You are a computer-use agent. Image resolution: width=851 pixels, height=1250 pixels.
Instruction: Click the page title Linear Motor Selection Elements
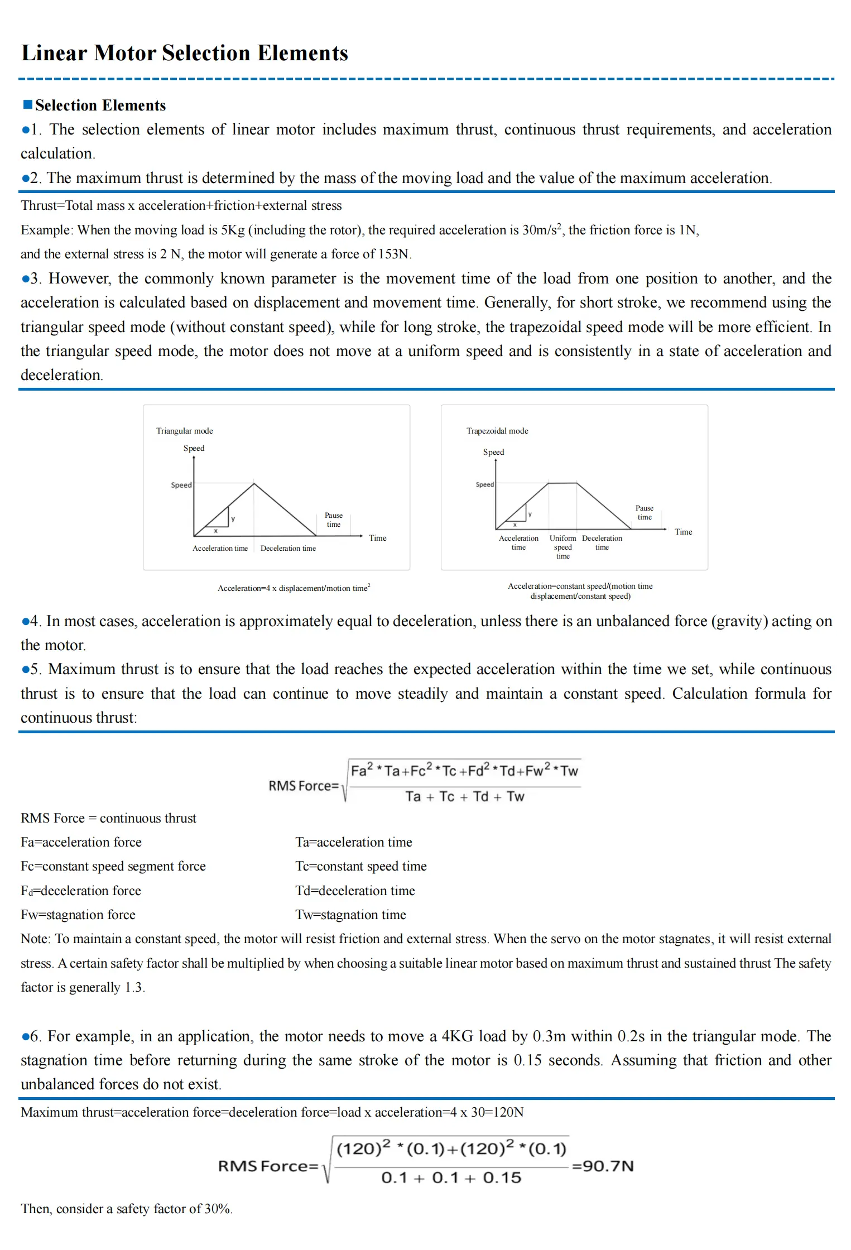point(184,53)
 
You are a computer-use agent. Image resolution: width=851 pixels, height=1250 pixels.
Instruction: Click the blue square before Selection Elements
point(28,104)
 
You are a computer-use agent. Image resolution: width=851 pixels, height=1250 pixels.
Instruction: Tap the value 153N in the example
point(394,254)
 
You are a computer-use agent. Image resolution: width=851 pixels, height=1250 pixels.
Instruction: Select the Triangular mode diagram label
point(184,431)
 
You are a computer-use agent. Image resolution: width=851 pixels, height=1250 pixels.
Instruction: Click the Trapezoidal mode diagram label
point(497,431)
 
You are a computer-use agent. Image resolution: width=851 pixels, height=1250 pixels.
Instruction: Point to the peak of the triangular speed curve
point(254,484)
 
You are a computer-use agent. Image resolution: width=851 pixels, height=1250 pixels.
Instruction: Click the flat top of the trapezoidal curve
point(562,483)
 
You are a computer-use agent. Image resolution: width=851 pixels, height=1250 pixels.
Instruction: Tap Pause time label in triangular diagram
point(333,520)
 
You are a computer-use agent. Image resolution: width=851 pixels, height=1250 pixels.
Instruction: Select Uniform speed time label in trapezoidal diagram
point(562,547)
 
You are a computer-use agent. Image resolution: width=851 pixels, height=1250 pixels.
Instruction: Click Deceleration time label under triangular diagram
point(288,549)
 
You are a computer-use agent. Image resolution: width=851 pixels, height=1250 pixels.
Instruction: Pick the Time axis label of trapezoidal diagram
point(683,532)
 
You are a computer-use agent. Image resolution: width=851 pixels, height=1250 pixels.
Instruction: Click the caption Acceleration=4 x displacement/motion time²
point(294,588)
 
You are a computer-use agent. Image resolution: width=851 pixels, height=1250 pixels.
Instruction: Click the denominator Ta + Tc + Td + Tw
point(464,796)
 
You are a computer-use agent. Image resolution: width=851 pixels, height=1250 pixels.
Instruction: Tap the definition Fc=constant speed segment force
point(113,866)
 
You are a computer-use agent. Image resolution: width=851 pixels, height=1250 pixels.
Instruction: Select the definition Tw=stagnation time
point(350,915)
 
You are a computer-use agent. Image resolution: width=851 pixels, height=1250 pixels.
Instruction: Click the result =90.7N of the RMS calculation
point(603,1166)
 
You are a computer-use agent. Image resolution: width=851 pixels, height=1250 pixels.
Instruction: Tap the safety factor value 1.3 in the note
point(134,987)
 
